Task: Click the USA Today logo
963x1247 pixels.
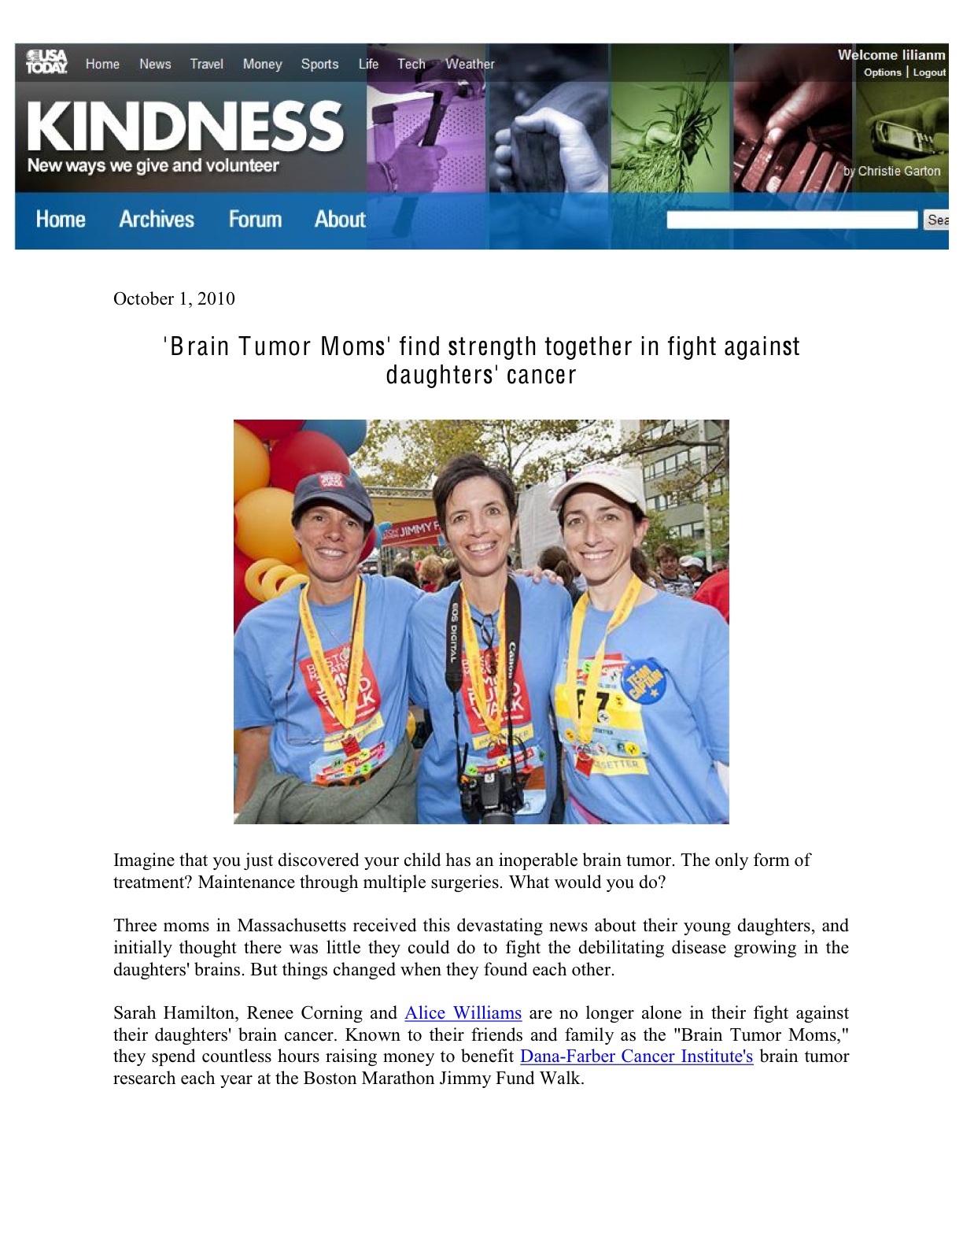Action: coord(46,61)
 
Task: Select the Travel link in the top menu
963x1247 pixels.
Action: coord(206,64)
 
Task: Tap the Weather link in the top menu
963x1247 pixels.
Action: coord(470,64)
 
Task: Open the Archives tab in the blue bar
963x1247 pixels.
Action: coord(157,219)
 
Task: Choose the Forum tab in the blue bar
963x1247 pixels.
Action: coord(255,219)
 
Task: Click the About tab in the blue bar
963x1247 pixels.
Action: coord(340,219)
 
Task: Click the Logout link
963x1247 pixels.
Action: coord(929,72)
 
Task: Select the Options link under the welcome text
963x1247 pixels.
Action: coord(882,72)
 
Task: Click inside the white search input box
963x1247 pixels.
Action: coord(791,220)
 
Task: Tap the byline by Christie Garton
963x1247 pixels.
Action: coord(892,171)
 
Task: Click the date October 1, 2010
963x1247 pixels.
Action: coord(174,298)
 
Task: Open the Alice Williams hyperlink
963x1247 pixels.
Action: coord(463,1013)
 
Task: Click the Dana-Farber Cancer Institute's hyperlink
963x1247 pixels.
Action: coord(636,1056)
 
